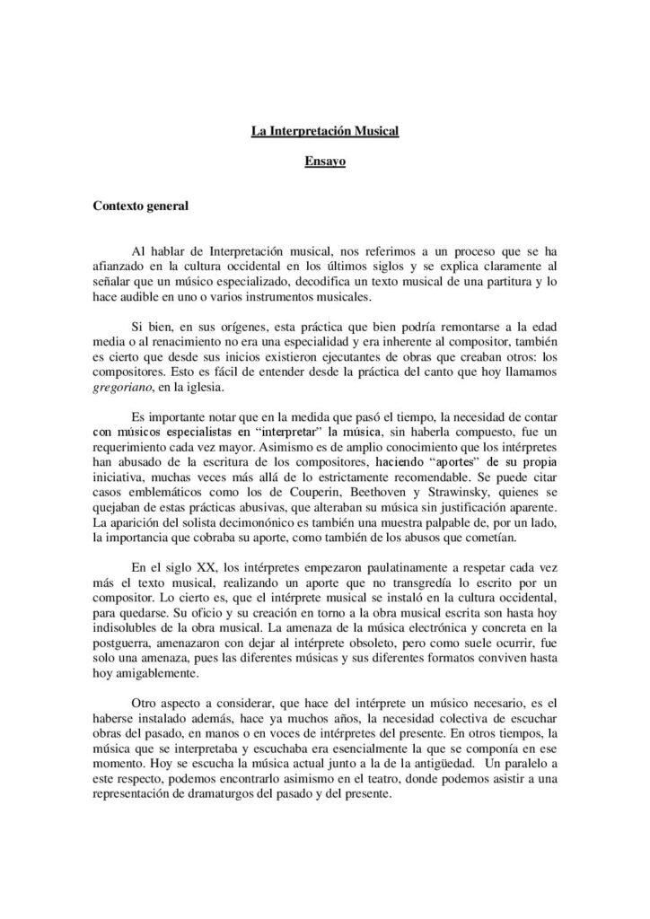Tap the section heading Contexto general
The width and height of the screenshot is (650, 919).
click(x=141, y=207)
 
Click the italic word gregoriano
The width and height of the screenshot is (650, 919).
click(x=124, y=389)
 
